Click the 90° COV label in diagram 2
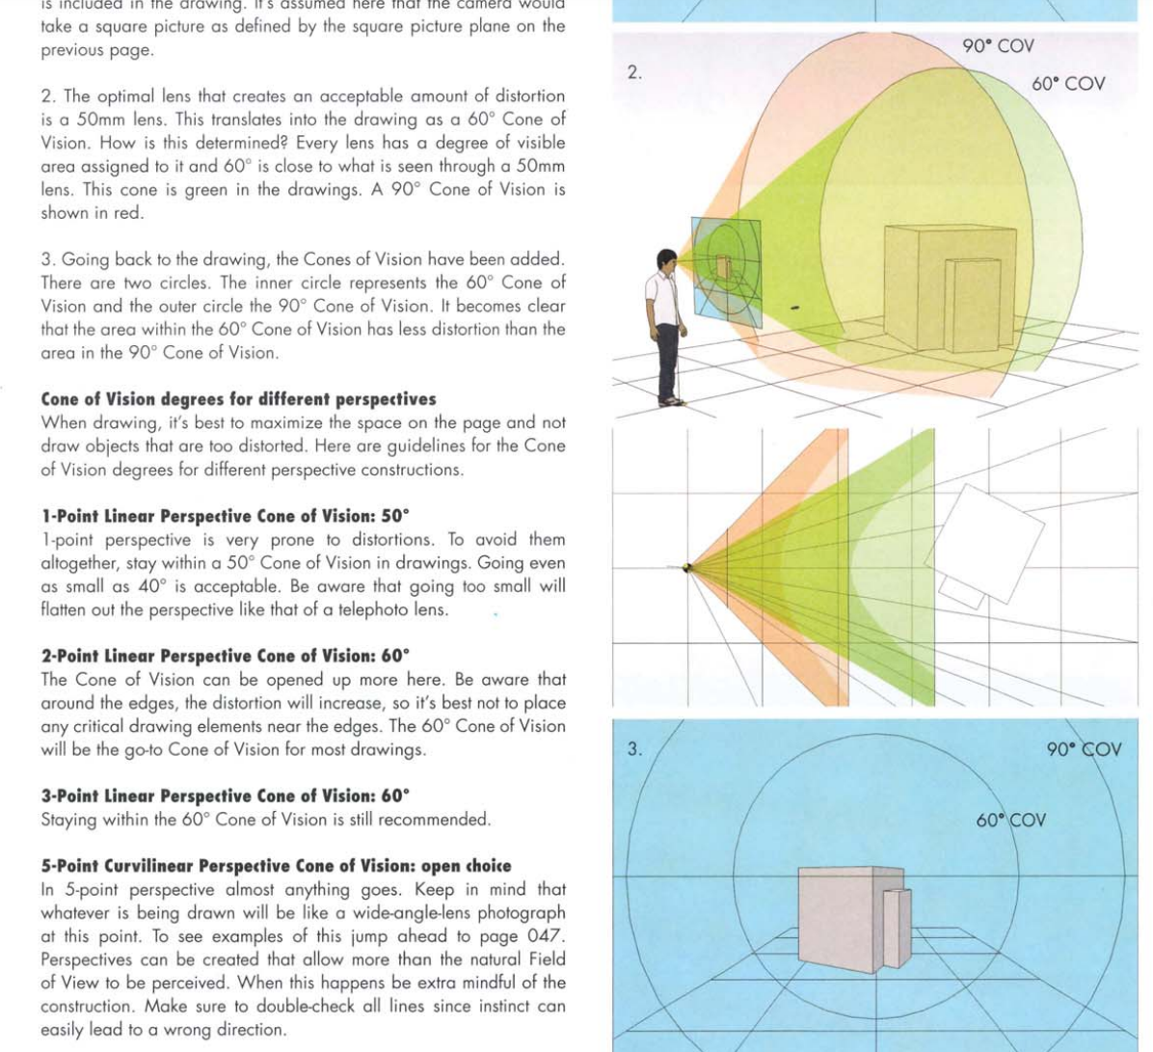point(998,46)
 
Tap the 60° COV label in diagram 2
point(1068,84)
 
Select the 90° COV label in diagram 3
point(1084,749)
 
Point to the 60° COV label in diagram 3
point(1010,821)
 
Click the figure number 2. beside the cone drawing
point(634,72)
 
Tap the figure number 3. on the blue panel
point(634,749)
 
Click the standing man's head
point(666,261)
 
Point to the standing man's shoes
point(671,400)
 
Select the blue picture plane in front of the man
point(726,273)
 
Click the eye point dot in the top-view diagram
point(687,568)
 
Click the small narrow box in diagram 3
point(897,928)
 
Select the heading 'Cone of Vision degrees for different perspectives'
point(238,399)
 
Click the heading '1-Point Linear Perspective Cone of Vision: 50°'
point(225,516)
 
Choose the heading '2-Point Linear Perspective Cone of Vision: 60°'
point(225,656)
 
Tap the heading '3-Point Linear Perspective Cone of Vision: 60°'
point(225,796)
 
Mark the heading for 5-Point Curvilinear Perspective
point(276,866)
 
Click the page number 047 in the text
point(546,936)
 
